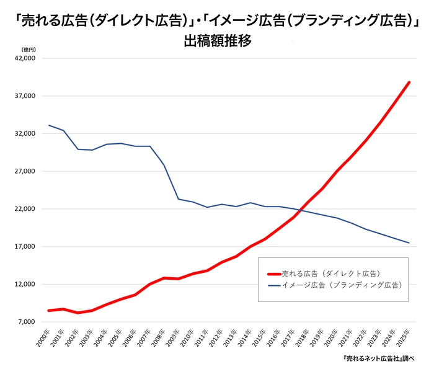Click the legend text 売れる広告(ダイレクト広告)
(330, 273)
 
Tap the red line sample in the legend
(273, 273)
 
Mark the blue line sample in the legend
(273, 285)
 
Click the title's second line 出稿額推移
(216, 42)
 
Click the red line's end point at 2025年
(409, 82)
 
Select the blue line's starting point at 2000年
(49, 125)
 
